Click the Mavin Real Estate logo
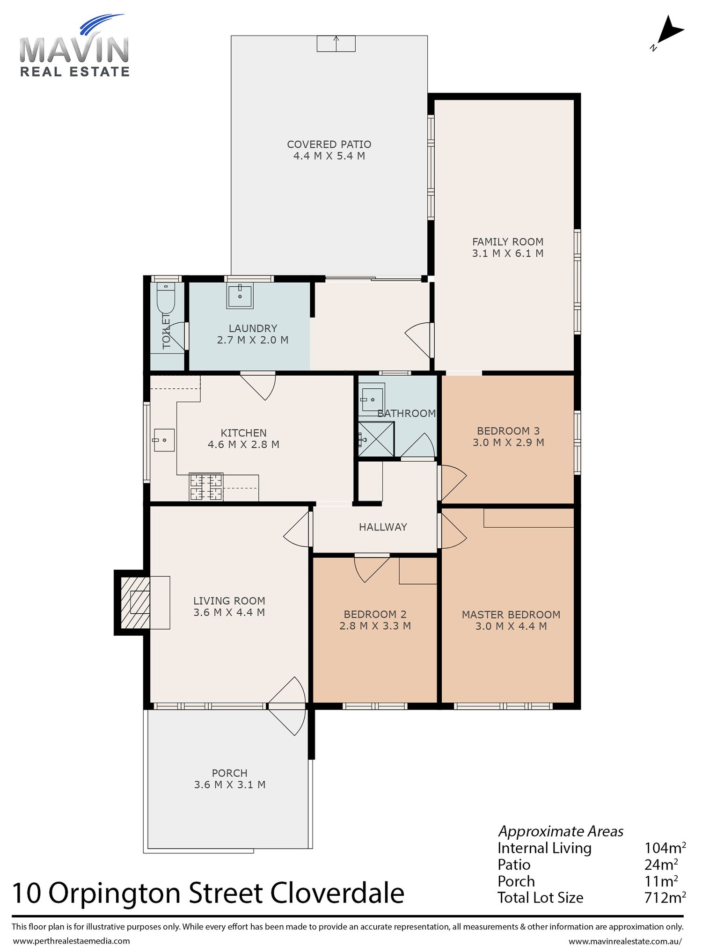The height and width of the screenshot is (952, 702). pos(74,46)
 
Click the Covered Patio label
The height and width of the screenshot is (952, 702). pos(329,145)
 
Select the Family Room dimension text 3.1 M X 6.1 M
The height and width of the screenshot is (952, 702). pos(508,254)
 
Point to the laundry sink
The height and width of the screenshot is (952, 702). pos(240,296)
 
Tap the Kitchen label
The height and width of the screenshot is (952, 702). pos(243,433)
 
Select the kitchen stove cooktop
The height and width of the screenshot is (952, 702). pos(206,487)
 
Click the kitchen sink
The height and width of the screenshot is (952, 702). pos(163,440)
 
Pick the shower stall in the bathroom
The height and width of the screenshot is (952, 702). pos(376,439)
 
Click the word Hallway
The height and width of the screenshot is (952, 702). pos(383,527)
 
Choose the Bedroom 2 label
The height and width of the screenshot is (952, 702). pos(375,614)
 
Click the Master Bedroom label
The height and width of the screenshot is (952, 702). pos(511,615)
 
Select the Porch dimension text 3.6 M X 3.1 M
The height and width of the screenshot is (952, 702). pos(230,785)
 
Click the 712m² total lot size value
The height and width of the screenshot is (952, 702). pos(665,897)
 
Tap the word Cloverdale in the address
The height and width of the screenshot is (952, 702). pos(337,893)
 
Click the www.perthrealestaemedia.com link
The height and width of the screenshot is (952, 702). pos(71,941)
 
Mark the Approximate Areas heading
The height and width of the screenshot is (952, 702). pos(561,831)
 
